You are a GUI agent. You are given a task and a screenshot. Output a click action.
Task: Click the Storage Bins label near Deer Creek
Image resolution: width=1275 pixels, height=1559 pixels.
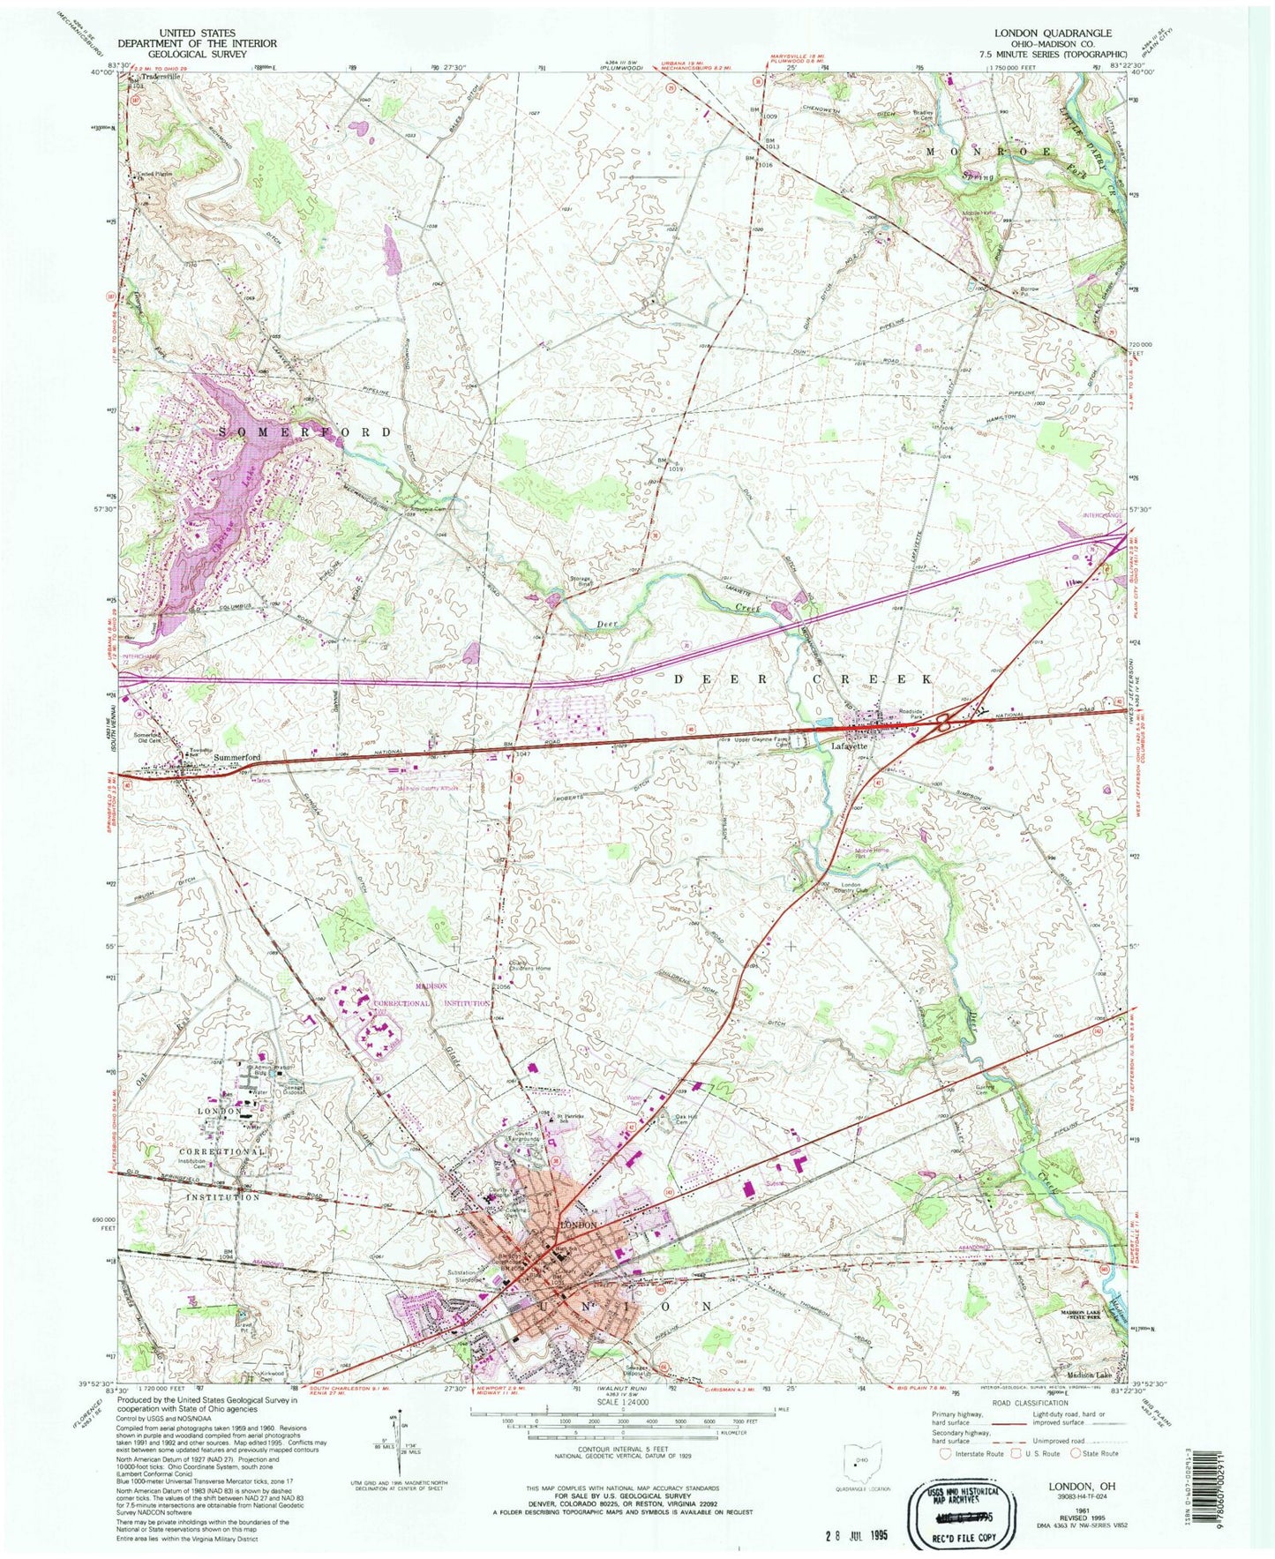pyautogui.click(x=580, y=582)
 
